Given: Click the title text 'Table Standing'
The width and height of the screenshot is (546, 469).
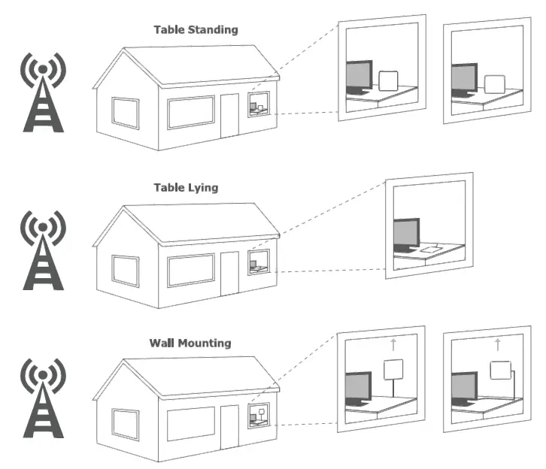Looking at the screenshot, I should point(196,30).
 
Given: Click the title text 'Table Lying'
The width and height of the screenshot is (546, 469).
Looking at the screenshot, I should point(187,187).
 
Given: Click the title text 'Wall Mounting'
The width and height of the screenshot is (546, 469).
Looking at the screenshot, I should point(190,343).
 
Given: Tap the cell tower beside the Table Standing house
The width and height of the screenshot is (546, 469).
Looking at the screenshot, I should point(44,93).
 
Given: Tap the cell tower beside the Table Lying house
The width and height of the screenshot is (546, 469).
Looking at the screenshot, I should point(44,250).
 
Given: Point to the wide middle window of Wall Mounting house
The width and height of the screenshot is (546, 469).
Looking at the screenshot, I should point(191,425).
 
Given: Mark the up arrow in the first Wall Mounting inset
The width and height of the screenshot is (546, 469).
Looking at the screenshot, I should point(393,345).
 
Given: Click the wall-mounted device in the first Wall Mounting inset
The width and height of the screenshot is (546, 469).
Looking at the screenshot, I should point(394,369).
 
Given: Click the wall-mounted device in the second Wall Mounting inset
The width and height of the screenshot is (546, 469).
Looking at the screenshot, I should point(498,369).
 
